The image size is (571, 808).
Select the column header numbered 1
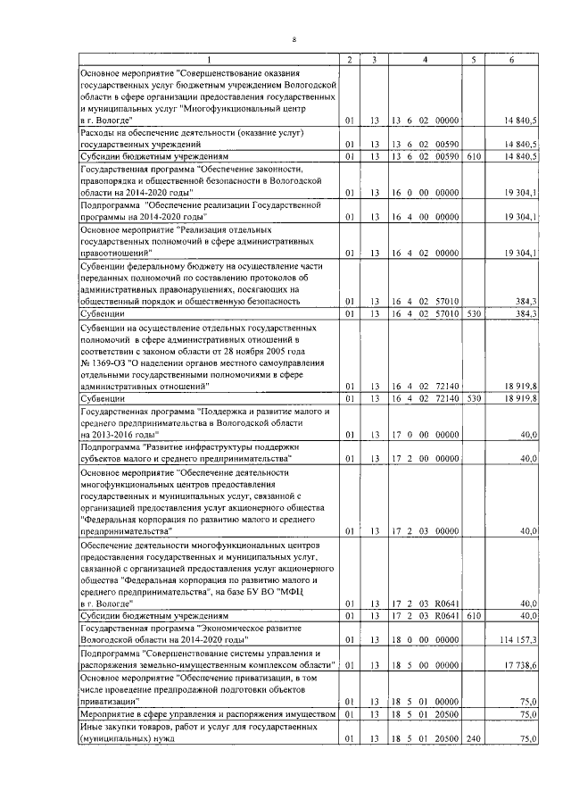tap(210, 60)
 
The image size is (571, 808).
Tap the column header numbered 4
tap(424, 60)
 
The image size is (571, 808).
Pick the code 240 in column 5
tap(473, 740)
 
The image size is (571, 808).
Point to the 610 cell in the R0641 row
tap(473, 617)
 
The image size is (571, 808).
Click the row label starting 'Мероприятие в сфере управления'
tap(208, 715)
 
